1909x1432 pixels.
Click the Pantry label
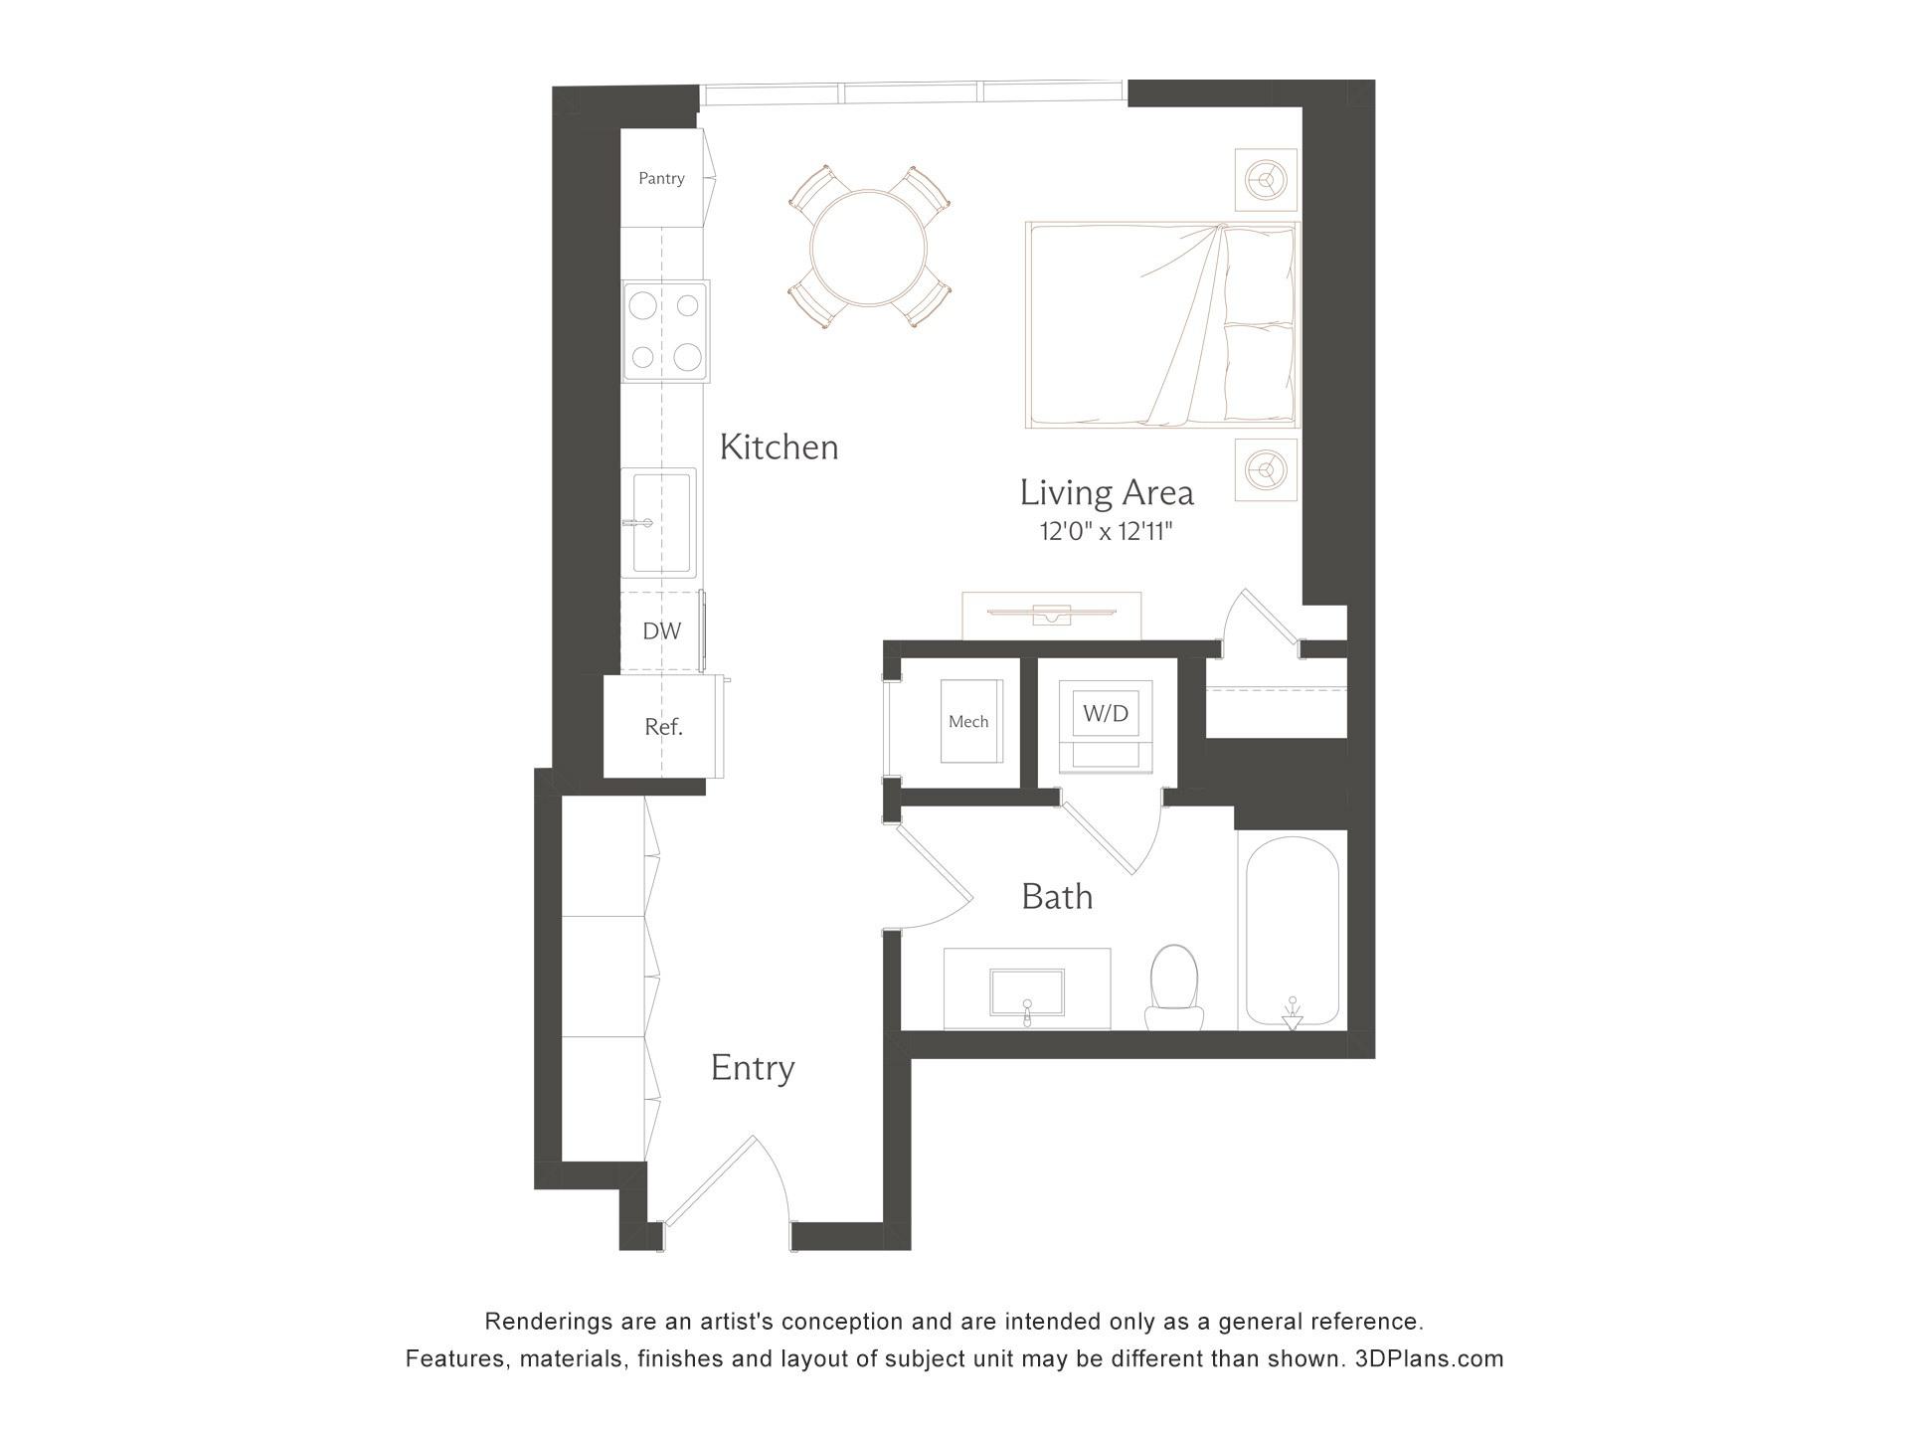coord(661,178)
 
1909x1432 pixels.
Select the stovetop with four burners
coord(666,331)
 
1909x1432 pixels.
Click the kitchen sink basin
coord(663,522)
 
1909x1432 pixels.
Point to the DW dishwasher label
coord(661,630)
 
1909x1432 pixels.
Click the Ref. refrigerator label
coord(663,727)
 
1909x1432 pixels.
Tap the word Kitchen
coord(779,447)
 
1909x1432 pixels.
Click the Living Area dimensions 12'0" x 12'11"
coord(1106,532)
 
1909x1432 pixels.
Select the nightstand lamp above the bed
coord(1266,180)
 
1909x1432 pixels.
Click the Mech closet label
coord(968,722)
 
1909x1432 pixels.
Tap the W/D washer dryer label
coord(1106,713)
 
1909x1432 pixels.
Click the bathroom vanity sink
coord(1027,991)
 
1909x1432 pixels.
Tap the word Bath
coord(1057,897)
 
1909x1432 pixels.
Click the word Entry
coord(753,1068)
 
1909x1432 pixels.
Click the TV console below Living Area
coord(1051,615)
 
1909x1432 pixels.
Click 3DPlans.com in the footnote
coord(1429,1358)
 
